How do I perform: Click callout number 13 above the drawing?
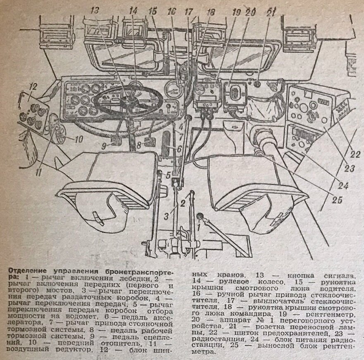click(95, 10)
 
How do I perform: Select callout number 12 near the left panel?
click(33, 87)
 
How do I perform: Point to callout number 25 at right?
click(338, 201)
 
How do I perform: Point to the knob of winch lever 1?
click(200, 215)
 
